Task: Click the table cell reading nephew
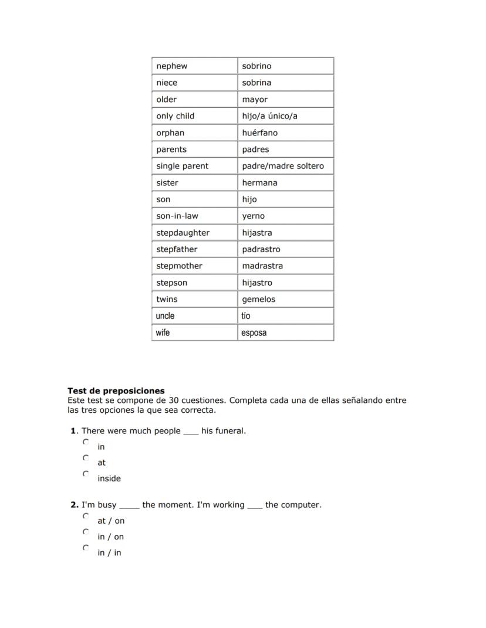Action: click(x=172, y=66)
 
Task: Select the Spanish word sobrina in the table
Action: click(x=256, y=83)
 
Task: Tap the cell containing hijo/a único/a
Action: click(x=269, y=116)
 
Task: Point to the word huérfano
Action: click(x=259, y=133)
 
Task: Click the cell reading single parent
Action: click(x=182, y=166)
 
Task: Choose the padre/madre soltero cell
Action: click(x=282, y=166)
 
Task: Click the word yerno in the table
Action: click(x=253, y=216)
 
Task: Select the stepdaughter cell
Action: click(x=183, y=233)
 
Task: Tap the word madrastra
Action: click(x=262, y=266)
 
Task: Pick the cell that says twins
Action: click(x=167, y=299)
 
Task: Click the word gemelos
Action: click(x=258, y=299)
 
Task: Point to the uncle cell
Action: click(x=165, y=316)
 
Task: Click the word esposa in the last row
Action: click(x=254, y=333)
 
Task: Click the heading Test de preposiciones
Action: click(x=116, y=391)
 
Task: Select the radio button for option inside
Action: click(x=86, y=473)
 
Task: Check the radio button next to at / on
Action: click(x=86, y=516)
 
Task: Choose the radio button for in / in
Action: click(x=86, y=548)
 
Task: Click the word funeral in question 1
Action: click(x=230, y=431)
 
